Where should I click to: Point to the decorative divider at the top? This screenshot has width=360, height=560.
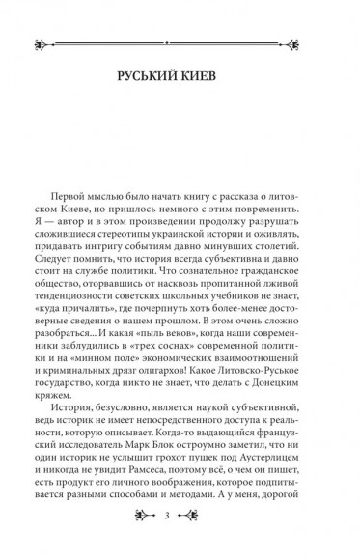[180, 42]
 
